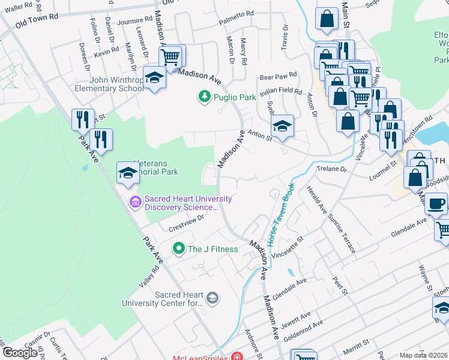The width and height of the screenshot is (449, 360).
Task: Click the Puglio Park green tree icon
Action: click(205, 97)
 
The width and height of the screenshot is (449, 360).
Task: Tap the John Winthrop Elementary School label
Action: click(116, 84)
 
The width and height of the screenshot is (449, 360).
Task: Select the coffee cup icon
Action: click(436, 203)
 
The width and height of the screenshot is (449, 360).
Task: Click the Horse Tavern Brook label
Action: click(280, 213)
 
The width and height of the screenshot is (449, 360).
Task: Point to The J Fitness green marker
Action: click(178, 248)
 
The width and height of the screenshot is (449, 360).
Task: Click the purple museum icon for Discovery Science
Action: click(135, 202)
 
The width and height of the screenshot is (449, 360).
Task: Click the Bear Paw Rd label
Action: click(278, 77)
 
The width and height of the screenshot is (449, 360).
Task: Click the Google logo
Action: click(20, 352)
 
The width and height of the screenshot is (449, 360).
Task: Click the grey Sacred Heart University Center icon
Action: click(212, 298)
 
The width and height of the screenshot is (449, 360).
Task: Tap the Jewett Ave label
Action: click(297, 315)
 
